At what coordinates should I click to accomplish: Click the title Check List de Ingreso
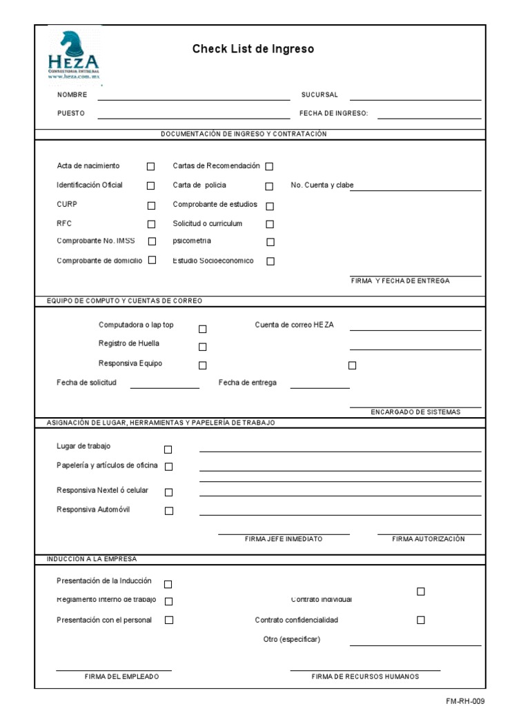click(x=253, y=49)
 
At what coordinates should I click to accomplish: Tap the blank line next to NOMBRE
click(x=193, y=99)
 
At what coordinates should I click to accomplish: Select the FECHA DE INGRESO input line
click(x=429, y=117)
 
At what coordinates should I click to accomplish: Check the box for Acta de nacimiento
click(x=151, y=166)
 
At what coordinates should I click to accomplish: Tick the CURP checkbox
click(x=151, y=205)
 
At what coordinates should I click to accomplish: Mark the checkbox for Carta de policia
click(x=269, y=186)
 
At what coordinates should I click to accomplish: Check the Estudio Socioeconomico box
click(x=271, y=261)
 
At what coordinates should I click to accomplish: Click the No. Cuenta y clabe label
click(x=322, y=185)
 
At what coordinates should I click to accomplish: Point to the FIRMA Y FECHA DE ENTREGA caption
click(x=400, y=281)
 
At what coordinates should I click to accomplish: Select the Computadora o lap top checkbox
click(x=203, y=329)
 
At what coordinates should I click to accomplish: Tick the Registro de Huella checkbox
click(x=203, y=347)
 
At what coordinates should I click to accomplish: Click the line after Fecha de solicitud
click(x=164, y=386)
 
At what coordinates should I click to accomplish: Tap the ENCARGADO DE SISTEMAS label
click(x=415, y=412)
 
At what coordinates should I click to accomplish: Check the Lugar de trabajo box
click(x=168, y=450)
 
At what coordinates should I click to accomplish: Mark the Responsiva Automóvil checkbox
click(x=169, y=511)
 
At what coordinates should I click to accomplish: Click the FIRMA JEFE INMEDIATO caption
click(x=284, y=538)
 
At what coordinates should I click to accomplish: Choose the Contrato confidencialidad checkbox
click(x=421, y=620)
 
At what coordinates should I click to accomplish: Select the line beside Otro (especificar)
click(x=415, y=643)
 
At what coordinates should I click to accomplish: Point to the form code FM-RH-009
click(x=465, y=700)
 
